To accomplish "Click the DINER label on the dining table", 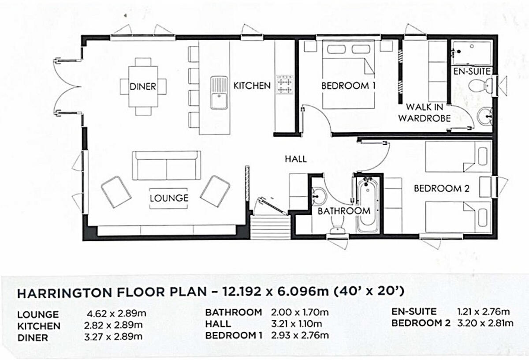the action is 143,86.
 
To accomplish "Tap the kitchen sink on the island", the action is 219,93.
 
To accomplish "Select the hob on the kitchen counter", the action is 285,85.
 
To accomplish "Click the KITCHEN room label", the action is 252,86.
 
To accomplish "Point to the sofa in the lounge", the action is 167,165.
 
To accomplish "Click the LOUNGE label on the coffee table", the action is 169,198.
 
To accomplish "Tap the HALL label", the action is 296,159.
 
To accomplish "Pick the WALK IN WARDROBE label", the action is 425,112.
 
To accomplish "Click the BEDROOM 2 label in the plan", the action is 442,188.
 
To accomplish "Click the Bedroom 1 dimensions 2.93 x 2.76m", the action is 300,335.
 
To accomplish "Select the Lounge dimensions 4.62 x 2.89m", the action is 117,314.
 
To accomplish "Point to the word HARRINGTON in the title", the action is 64,293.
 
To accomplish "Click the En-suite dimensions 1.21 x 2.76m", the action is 484,312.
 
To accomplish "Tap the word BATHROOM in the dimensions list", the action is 234,312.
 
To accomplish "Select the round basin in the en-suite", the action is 485,116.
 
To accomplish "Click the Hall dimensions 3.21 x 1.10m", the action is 297,324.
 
